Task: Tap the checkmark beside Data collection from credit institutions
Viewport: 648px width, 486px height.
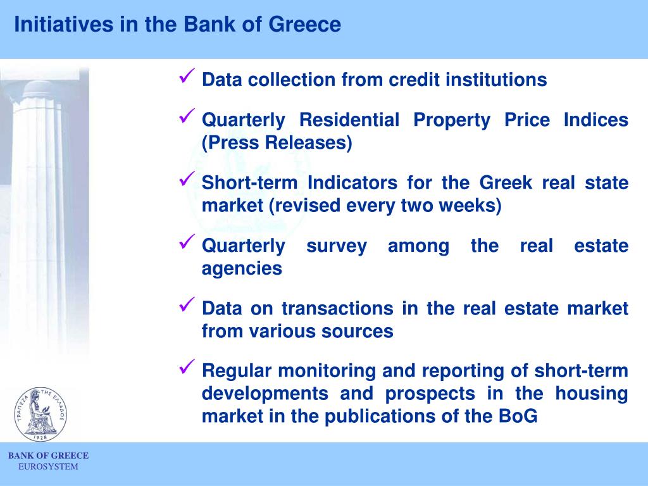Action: (x=187, y=78)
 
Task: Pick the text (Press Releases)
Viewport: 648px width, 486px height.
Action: (x=277, y=143)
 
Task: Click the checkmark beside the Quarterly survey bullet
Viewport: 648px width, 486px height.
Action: (x=187, y=242)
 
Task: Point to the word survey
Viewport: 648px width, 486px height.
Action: (x=336, y=246)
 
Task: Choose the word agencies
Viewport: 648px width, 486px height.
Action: (x=242, y=269)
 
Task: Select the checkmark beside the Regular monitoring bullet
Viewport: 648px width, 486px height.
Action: (x=187, y=367)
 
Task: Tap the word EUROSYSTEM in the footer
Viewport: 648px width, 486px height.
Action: (x=48, y=467)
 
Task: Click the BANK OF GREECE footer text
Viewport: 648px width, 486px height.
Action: (x=48, y=456)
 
